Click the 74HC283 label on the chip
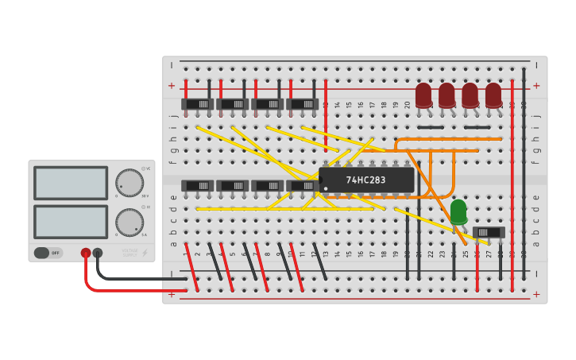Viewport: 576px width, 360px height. [x=365, y=180]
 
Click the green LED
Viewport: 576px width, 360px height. [x=458, y=211]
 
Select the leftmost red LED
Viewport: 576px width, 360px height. [x=423, y=95]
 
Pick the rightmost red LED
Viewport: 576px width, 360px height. [x=493, y=95]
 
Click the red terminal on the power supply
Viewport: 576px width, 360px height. [x=86, y=253]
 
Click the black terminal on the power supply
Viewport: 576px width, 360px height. [x=98, y=253]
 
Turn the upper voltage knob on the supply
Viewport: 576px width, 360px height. [x=129, y=183]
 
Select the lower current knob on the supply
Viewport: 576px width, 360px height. [x=129, y=223]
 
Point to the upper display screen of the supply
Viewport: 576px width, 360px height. [x=71, y=183]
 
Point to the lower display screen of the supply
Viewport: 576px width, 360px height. [x=71, y=222]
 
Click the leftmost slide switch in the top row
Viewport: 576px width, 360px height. [x=198, y=104]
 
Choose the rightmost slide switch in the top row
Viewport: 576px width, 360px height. [x=303, y=104]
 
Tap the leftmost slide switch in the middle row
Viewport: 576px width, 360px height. [x=198, y=186]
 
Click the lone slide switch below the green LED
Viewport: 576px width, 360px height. [x=489, y=232]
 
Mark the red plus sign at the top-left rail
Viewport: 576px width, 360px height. [x=172, y=86]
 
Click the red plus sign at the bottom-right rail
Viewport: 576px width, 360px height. [x=536, y=294]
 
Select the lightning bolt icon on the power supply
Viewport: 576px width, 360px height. [x=145, y=253]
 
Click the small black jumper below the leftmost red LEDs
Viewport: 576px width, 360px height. [x=430, y=127]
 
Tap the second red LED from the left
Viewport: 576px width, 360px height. [x=446, y=95]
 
